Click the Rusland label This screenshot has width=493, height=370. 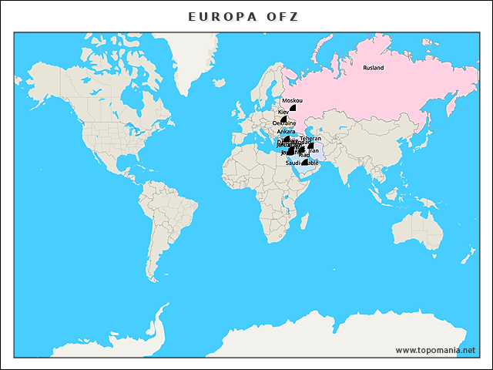373,68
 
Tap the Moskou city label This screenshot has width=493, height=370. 293,101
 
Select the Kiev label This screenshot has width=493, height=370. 283,113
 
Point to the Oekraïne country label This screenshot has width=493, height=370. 284,123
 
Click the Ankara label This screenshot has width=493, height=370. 286,132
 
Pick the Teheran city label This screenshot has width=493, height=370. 310,139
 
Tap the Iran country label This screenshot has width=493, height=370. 313,150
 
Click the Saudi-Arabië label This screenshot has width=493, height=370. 302,163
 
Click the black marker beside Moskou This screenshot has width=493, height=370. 293,109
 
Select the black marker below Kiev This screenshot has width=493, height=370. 284,118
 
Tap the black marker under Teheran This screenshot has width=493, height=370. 310,145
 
